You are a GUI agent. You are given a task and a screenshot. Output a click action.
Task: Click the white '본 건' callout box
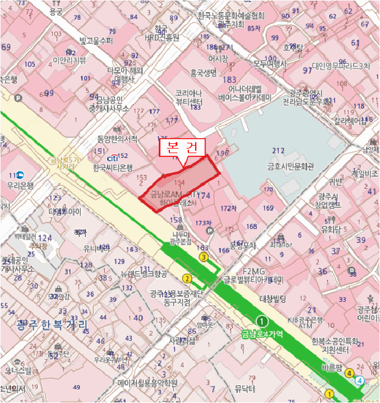pos(181,148)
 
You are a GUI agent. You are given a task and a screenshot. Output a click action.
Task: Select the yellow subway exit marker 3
pos(203,257)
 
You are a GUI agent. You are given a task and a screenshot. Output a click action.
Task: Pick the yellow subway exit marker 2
pos(187,279)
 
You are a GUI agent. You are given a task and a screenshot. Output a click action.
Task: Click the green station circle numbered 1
pos(262,321)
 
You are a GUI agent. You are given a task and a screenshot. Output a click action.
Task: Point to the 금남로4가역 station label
pos(261,333)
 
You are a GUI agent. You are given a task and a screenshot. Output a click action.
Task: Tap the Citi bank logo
pos(113,157)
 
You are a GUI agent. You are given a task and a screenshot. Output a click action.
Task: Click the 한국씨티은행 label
pos(113,168)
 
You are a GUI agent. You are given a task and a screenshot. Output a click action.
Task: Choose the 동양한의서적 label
pos(117,139)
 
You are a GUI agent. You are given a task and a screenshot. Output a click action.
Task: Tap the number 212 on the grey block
pos(279,151)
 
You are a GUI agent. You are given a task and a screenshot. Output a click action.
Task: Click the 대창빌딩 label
pos(273,299)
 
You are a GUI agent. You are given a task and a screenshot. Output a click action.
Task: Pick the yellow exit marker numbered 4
pos(348,372)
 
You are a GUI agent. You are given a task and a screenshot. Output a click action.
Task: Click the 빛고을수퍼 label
pos(96,41)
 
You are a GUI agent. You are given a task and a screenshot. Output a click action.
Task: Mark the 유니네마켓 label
pos(96,249)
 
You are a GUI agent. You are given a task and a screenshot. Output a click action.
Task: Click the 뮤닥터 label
pos(245,388)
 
